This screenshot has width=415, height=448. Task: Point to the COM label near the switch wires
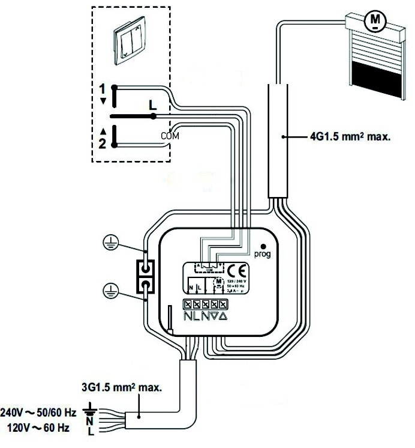point(170,136)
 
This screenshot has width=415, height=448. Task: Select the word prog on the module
point(263,255)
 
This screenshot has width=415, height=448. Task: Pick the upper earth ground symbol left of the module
point(109,242)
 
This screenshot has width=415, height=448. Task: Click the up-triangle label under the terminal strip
point(223,315)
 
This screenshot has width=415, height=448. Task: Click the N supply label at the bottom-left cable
point(90,422)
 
